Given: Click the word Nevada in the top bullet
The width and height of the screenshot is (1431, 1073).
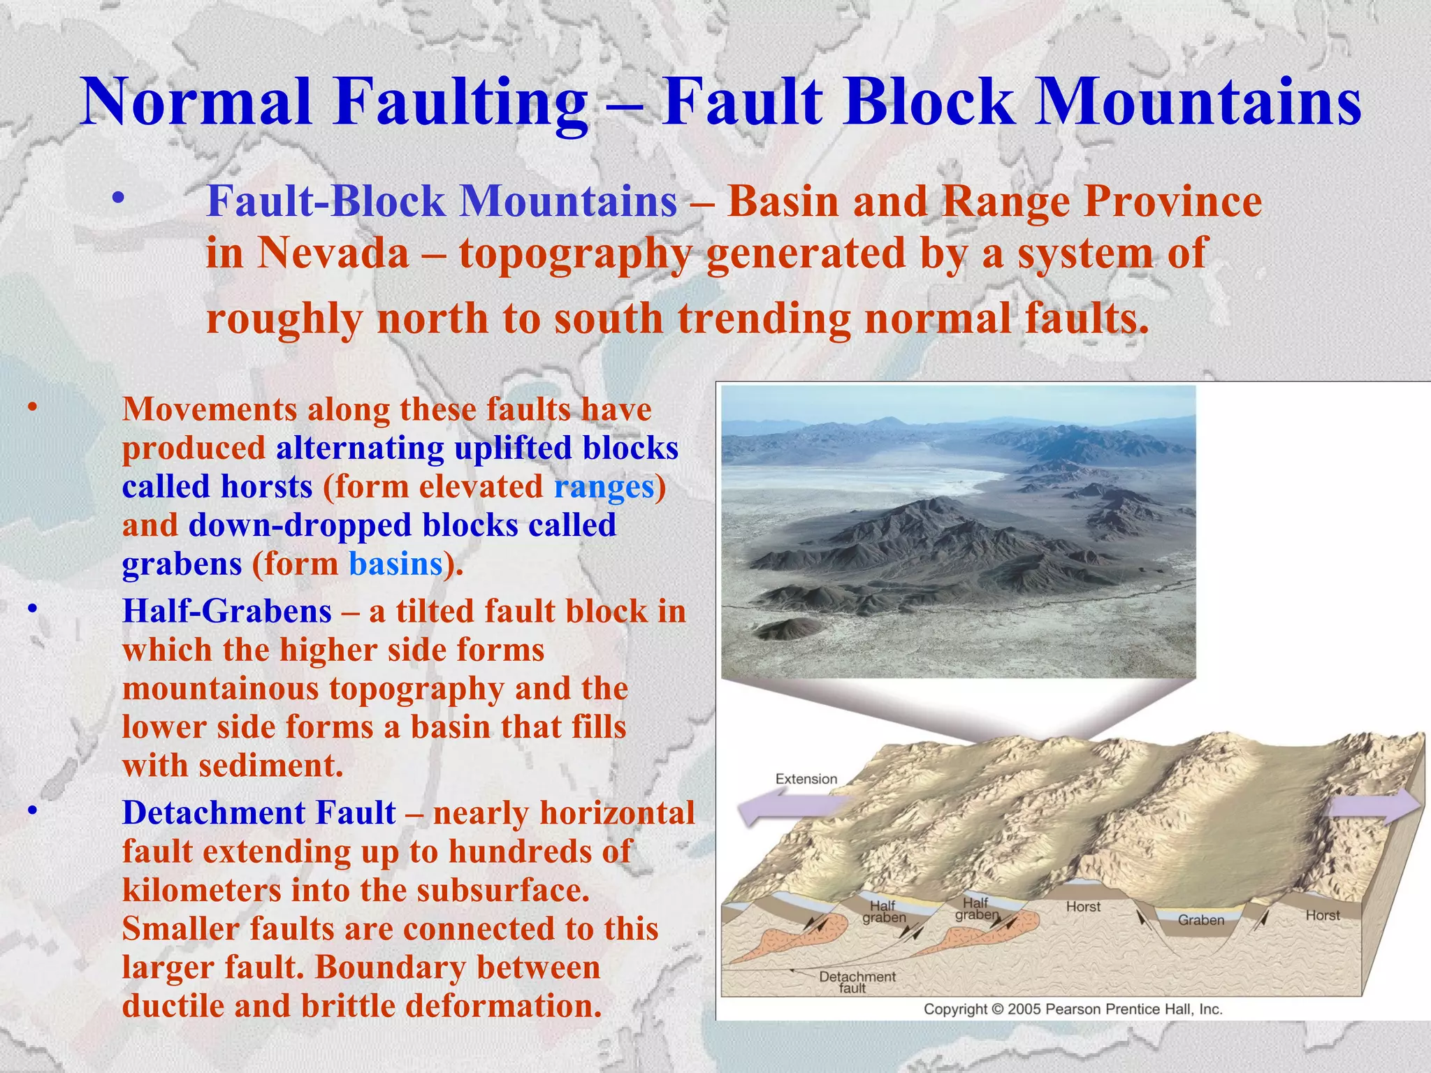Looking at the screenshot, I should click(x=333, y=253).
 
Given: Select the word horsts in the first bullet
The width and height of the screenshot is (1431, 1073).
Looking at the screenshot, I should click(x=266, y=487).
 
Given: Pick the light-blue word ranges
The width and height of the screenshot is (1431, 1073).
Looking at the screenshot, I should click(x=604, y=487).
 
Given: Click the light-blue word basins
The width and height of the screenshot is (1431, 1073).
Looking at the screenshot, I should click(x=395, y=564).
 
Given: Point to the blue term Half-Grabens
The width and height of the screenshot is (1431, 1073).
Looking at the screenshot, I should click(x=226, y=612).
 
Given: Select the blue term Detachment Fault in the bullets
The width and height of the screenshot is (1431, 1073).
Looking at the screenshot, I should click(x=259, y=813).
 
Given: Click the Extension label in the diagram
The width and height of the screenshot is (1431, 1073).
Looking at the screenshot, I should click(x=806, y=779).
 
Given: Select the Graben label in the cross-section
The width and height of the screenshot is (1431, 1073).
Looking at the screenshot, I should click(x=1201, y=920).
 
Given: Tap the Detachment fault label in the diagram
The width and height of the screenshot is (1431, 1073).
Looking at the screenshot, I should click(x=857, y=981).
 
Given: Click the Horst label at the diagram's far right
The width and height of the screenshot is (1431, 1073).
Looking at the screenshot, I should click(x=1322, y=915).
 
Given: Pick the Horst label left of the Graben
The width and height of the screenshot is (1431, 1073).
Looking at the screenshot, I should click(x=1083, y=907).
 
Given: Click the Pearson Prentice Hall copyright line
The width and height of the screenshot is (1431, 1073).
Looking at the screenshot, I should click(x=1073, y=1009).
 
